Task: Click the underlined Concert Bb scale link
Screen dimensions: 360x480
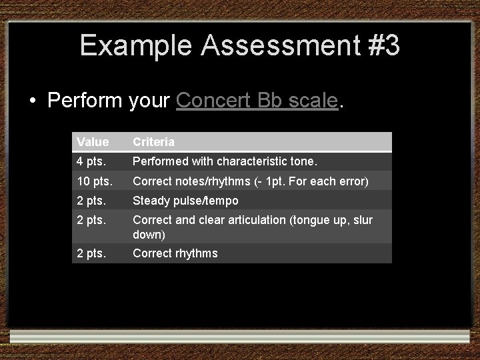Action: [x=257, y=101]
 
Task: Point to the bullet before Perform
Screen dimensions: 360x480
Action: [x=33, y=102]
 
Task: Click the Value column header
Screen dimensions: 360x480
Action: [x=92, y=142]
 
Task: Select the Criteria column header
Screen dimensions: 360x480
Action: [x=153, y=142]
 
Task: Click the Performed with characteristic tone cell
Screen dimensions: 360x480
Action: [x=225, y=161]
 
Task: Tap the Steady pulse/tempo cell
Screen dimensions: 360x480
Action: [x=185, y=201]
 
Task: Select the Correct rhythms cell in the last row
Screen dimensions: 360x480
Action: [x=175, y=253]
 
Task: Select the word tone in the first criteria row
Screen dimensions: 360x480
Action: [x=305, y=161]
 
